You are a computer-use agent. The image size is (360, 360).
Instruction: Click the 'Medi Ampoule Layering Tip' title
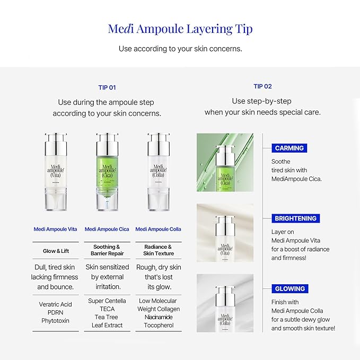tap(180, 29)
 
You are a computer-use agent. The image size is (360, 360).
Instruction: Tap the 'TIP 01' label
tap(107, 87)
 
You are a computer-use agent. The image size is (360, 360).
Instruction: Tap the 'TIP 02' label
tap(262, 86)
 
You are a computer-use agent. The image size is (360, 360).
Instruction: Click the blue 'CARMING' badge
tap(289, 148)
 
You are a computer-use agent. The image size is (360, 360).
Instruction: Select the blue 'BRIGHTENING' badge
tap(295, 218)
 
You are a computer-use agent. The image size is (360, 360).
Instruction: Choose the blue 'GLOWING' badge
tap(289, 289)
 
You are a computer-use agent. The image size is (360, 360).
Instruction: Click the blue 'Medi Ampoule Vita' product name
tap(55, 229)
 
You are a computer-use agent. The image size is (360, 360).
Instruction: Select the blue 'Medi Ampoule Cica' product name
tap(107, 229)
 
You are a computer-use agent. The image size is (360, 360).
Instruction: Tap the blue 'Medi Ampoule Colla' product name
tap(158, 229)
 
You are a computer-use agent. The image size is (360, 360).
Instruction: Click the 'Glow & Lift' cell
tap(55, 251)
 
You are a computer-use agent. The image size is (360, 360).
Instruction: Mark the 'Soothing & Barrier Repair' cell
tap(107, 250)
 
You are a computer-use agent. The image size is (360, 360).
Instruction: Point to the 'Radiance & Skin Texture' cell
tap(158, 250)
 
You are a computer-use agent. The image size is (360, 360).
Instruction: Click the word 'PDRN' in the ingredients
tap(55, 313)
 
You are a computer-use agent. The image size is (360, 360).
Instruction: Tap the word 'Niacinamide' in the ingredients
tap(158, 317)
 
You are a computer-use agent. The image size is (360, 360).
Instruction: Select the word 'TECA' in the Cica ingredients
tap(107, 309)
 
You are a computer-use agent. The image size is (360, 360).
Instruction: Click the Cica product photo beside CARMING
tap(225, 162)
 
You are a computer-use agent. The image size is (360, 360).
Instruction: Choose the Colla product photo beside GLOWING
tap(225, 303)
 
